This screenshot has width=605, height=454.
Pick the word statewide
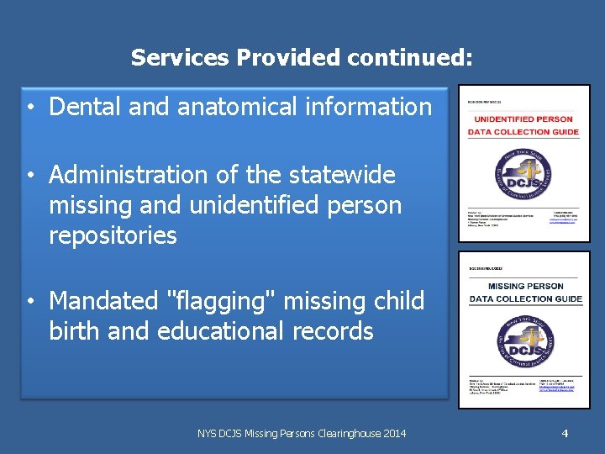tap(341, 175)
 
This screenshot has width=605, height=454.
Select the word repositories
tap(113, 235)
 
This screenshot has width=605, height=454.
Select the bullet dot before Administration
tap(29, 177)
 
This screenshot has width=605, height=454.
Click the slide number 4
tap(565, 433)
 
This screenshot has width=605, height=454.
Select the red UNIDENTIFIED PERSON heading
tap(523, 119)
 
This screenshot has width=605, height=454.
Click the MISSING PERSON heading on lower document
tap(525, 286)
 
